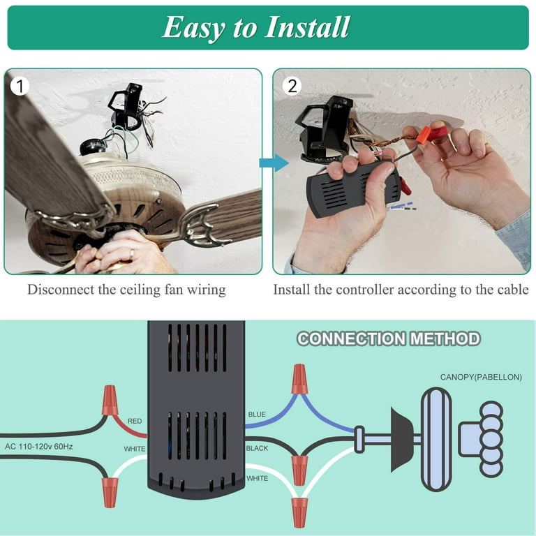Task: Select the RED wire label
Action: point(135,421)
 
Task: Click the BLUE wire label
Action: point(257,415)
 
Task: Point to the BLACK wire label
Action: point(258,448)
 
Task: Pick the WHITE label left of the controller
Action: point(135,448)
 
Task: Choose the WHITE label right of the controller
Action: point(258,479)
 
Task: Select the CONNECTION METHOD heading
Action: point(389,339)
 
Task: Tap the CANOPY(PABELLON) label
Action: point(481,378)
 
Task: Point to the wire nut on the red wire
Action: point(110,400)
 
